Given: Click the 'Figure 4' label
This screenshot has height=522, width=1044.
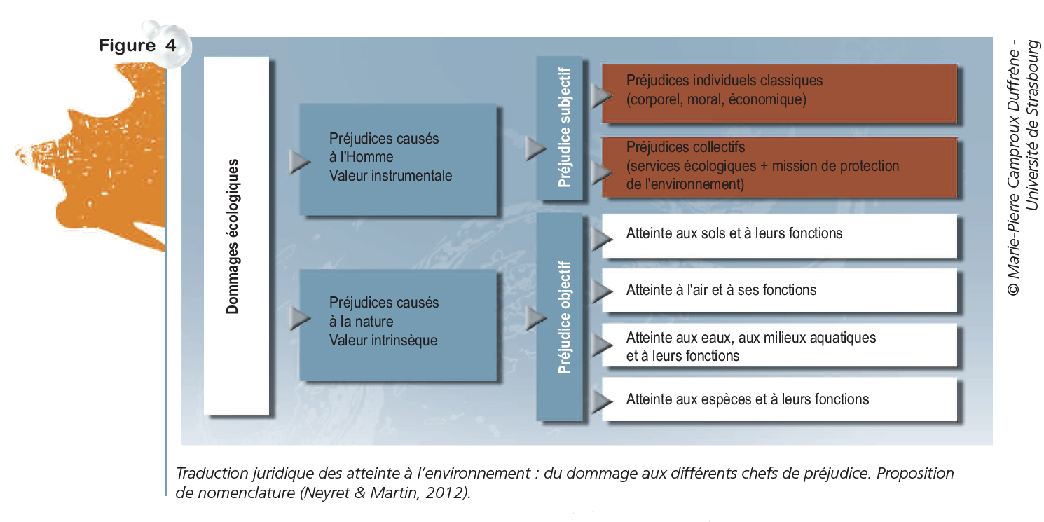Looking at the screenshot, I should [x=137, y=46].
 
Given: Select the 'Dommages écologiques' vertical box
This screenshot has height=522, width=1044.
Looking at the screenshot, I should [x=236, y=236].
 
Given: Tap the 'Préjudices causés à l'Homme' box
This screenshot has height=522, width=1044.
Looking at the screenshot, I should [x=397, y=159].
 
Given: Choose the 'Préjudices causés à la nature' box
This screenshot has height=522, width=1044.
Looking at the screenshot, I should [x=397, y=323].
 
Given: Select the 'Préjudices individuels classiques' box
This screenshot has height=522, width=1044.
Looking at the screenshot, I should [x=779, y=90].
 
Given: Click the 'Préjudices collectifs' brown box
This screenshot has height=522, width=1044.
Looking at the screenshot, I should [x=779, y=166].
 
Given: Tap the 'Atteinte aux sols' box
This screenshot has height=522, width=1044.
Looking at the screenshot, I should [x=779, y=233].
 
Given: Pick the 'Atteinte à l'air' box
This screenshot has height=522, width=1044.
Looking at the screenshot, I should [x=779, y=289].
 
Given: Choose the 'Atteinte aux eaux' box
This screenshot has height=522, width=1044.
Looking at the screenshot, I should [x=779, y=346].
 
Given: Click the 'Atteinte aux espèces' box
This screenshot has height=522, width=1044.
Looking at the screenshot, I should [x=779, y=399].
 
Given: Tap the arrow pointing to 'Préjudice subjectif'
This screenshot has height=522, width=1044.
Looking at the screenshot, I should [x=535, y=148].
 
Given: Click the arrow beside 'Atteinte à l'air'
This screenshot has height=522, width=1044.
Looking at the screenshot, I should [x=600, y=290].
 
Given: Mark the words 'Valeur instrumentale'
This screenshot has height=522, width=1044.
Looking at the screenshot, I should [x=390, y=176].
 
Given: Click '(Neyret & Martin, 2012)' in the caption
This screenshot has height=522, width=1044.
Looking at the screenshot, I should [x=385, y=493].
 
